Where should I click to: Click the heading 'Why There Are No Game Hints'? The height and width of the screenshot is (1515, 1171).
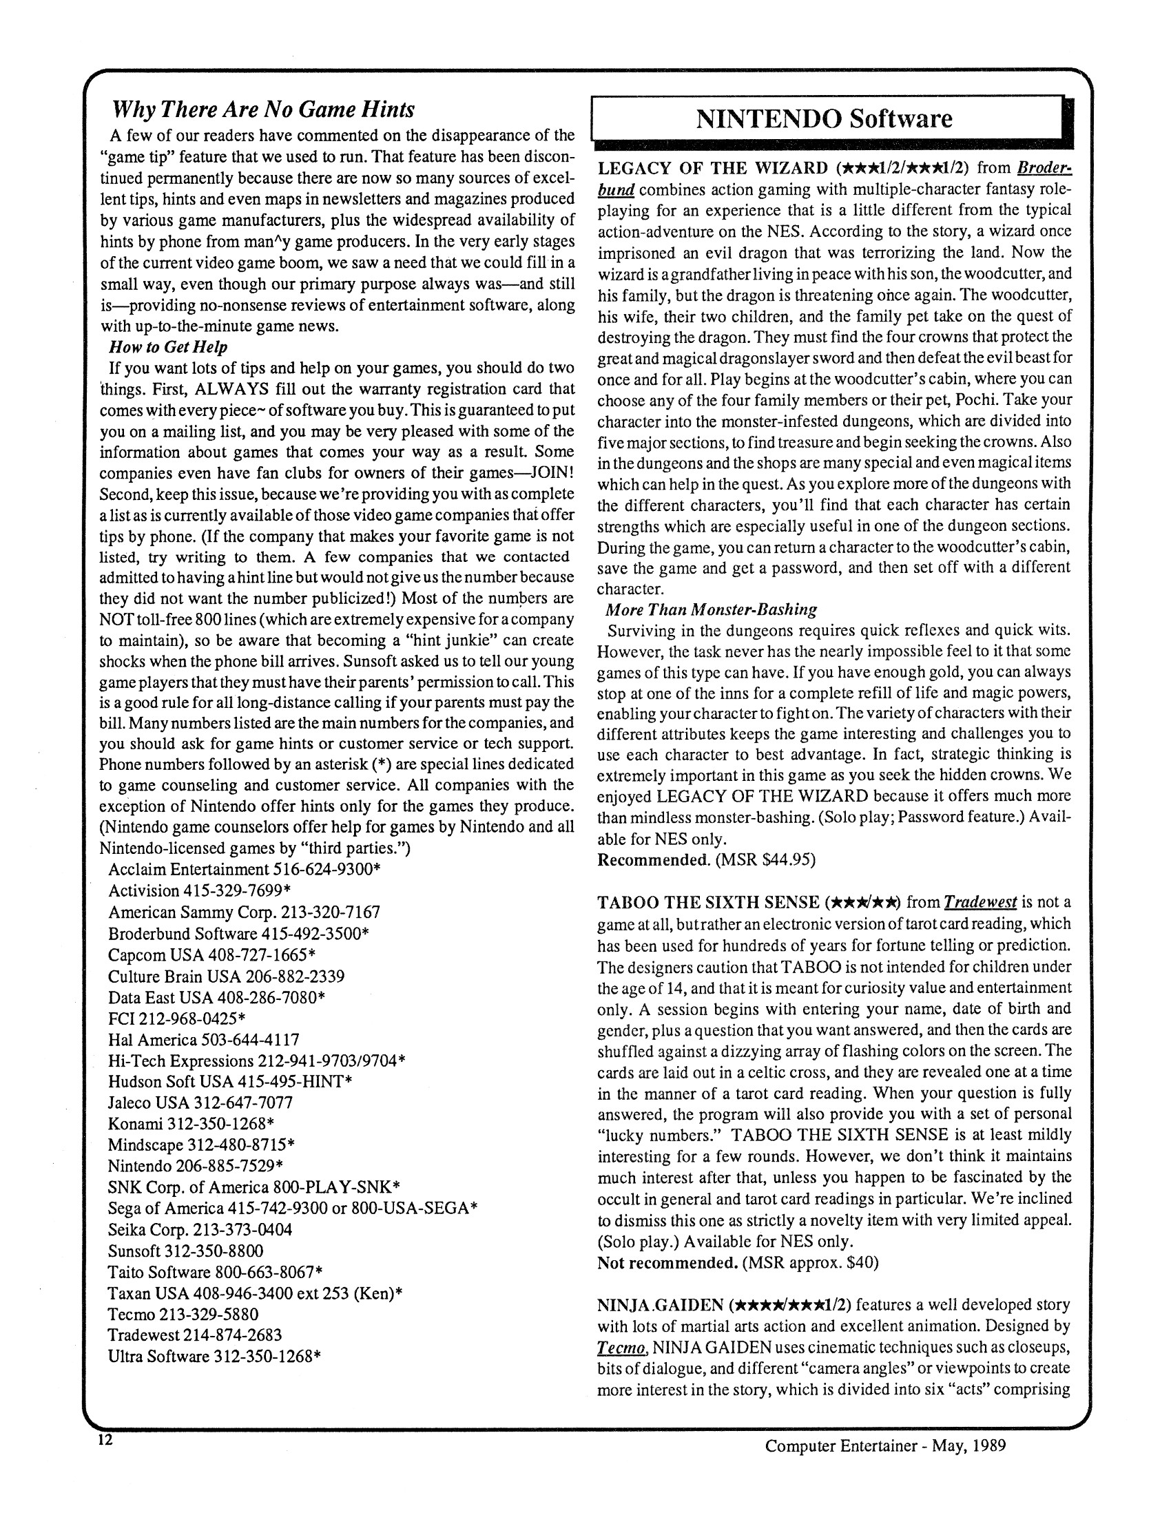[x=264, y=109]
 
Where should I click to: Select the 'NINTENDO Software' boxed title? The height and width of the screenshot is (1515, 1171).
[x=824, y=118]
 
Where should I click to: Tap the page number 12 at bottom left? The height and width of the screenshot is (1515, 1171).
[x=105, y=1439]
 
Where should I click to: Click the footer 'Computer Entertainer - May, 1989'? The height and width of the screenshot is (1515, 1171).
[x=885, y=1445]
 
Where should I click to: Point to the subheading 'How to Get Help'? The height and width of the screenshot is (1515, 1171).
[x=168, y=347]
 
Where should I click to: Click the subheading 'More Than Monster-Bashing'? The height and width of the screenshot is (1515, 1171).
[x=711, y=609]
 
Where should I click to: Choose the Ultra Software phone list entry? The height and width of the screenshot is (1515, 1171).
[x=214, y=1356]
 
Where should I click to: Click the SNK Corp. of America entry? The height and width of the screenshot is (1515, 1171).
[x=254, y=1187]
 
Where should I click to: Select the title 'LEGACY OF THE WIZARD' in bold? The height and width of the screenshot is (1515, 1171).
[x=712, y=169]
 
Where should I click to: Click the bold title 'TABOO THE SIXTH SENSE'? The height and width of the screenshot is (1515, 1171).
[x=708, y=903]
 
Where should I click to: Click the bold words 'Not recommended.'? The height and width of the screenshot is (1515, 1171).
[x=667, y=1262]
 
